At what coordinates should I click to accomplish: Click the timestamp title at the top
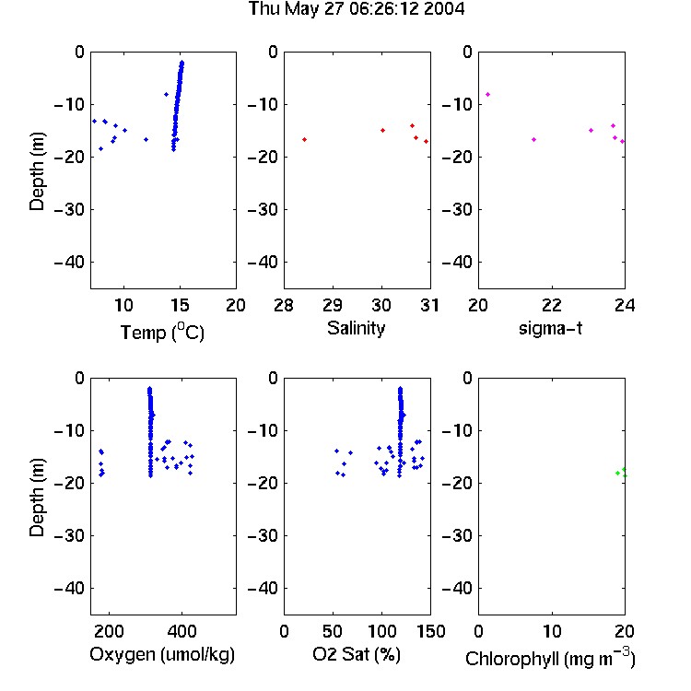coord(356,8)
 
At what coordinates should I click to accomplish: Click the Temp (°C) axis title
coord(162,332)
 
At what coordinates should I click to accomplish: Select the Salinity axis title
coord(356,328)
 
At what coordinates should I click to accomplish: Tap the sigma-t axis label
coord(550,328)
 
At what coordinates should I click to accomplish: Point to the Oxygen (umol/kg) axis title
coord(162,654)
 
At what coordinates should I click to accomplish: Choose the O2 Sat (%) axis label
coord(356,654)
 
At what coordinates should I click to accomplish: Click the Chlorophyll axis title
coord(550,658)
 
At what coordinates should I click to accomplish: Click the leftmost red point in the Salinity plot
coord(305,140)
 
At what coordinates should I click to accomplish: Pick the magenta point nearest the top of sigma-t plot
coord(487,94)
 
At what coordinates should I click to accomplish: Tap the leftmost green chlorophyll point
coord(618,474)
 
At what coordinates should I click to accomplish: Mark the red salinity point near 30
coord(383,131)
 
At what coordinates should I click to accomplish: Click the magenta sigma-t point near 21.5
coord(533,140)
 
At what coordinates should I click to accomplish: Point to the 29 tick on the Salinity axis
coord(333,305)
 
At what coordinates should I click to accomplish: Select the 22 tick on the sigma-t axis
coord(552,305)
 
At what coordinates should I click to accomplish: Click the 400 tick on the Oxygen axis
coord(182,631)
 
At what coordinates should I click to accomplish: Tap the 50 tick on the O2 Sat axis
coord(333,631)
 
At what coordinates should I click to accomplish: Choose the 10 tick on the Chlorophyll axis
coord(552,631)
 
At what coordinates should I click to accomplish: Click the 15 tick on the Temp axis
coord(180,305)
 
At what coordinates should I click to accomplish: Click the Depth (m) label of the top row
coord(37,171)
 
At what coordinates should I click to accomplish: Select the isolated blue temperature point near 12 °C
coord(146,140)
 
